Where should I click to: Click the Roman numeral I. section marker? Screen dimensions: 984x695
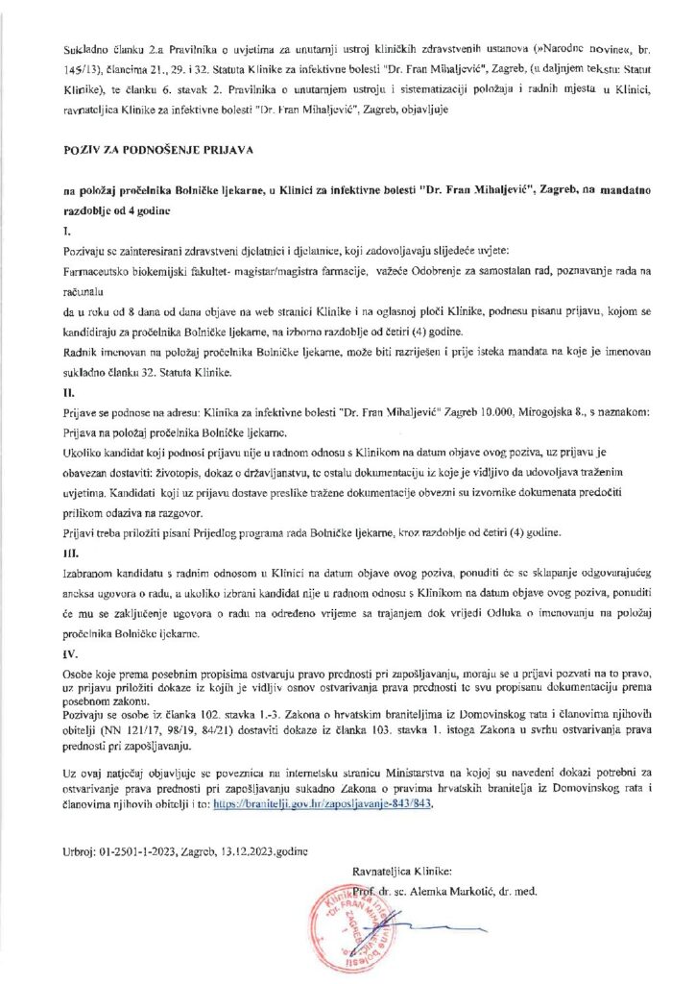[66, 232]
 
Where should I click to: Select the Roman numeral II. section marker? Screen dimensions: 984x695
[68, 392]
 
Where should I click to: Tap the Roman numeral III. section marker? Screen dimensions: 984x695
[70, 552]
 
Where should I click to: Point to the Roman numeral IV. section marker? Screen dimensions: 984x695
[70, 652]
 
